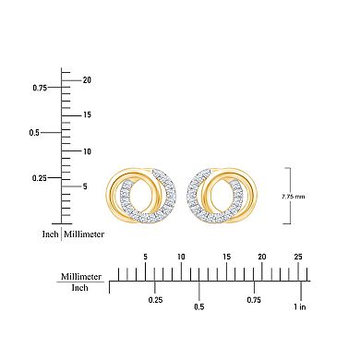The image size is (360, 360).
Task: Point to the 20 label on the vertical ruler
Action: (x=86, y=79)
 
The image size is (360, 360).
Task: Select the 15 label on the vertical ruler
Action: (x=86, y=115)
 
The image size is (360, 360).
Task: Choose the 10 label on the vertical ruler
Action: (x=86, y=150)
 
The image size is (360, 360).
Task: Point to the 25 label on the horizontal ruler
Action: (x=297, y=257)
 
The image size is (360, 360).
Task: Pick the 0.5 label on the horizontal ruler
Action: (x=198, y=306)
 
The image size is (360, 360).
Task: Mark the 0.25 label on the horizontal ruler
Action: (x=155, y=300)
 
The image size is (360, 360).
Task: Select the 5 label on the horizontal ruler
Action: (x=145, y=257)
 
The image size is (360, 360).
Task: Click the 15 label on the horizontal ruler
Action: (x=225, y=257)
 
